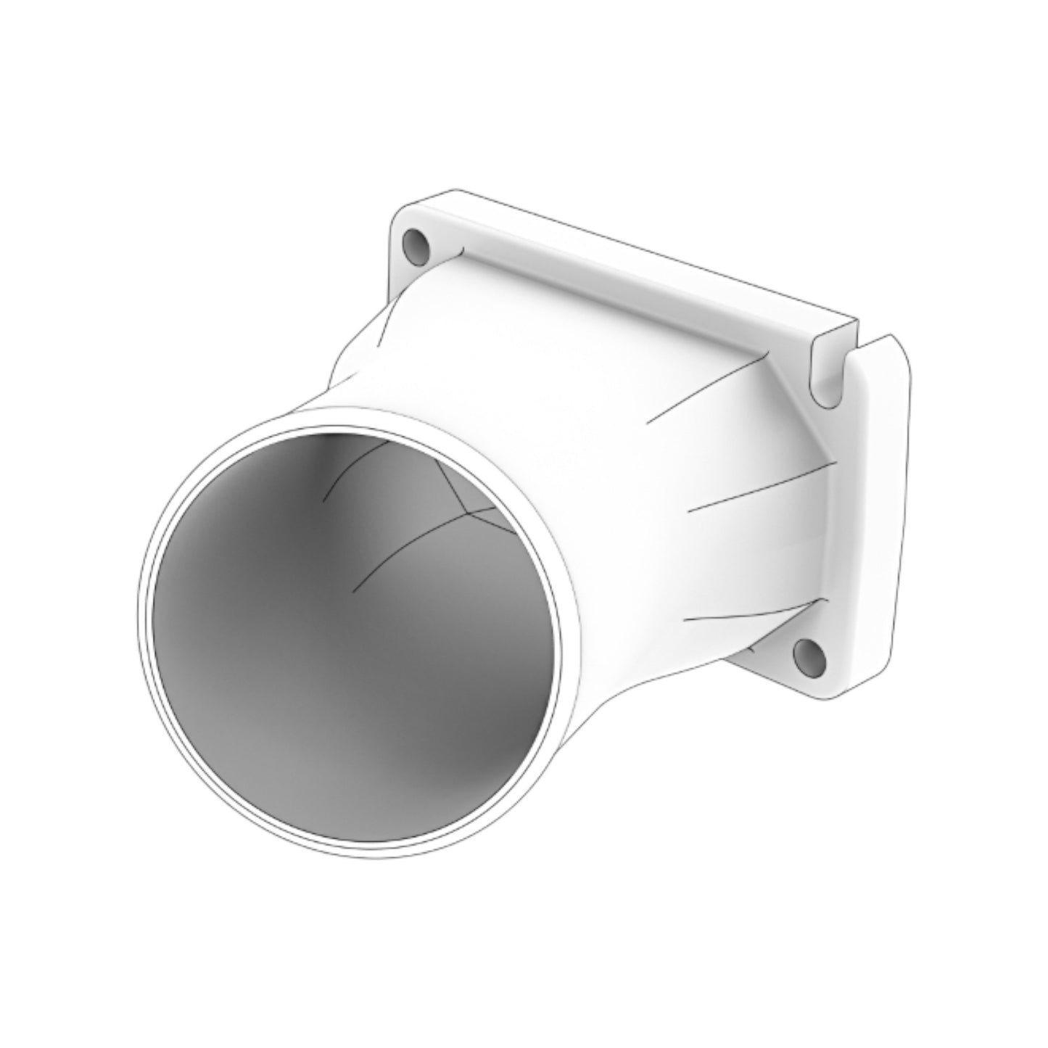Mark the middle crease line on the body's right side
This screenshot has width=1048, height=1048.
point(762,486)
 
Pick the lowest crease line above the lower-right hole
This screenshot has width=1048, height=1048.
point(754,614)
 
